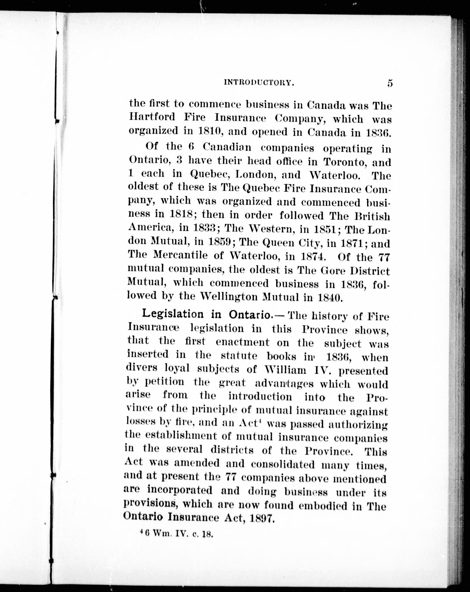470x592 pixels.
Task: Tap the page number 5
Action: (390, 83)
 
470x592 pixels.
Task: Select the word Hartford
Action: (152, 117)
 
